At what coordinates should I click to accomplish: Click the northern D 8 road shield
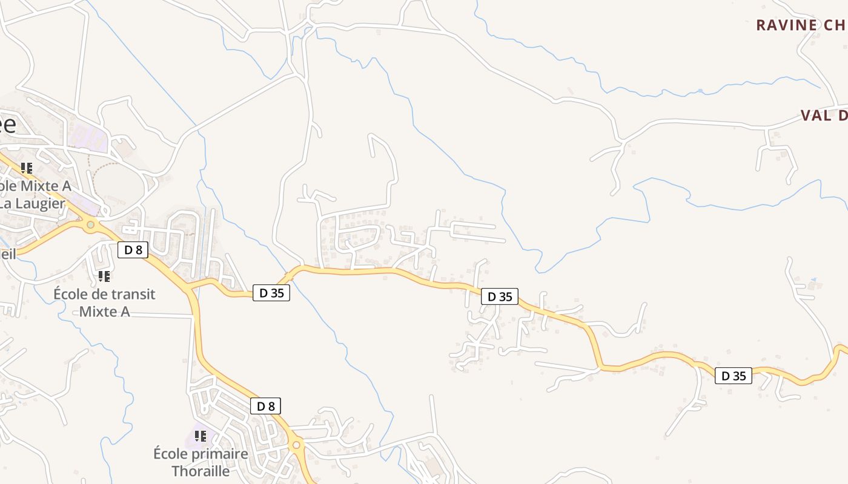click(x=133, y=249)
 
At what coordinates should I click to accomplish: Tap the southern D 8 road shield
click(x=266, y=406)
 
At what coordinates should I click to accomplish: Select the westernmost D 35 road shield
click(x=271, y=293)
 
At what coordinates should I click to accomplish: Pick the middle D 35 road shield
click(x=500, y=296)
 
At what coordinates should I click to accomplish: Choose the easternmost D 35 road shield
click(x=734, y=376)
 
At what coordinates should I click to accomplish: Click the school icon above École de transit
click(x=104, y=276)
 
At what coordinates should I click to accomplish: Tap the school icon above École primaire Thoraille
click(x=200, y=436)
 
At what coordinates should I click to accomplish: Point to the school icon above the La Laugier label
click(x=26, y=168)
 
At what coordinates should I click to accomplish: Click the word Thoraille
click(x=200, y=471)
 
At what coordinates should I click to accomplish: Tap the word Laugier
click(x=40, y=203)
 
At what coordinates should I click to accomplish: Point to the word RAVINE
click(x=786, y=25)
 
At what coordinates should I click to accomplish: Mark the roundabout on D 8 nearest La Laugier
click(x=90, y=225)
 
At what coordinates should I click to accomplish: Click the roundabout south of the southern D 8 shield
click(x=296, y=445)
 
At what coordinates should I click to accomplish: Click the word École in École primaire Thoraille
click(x=171, y=454)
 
